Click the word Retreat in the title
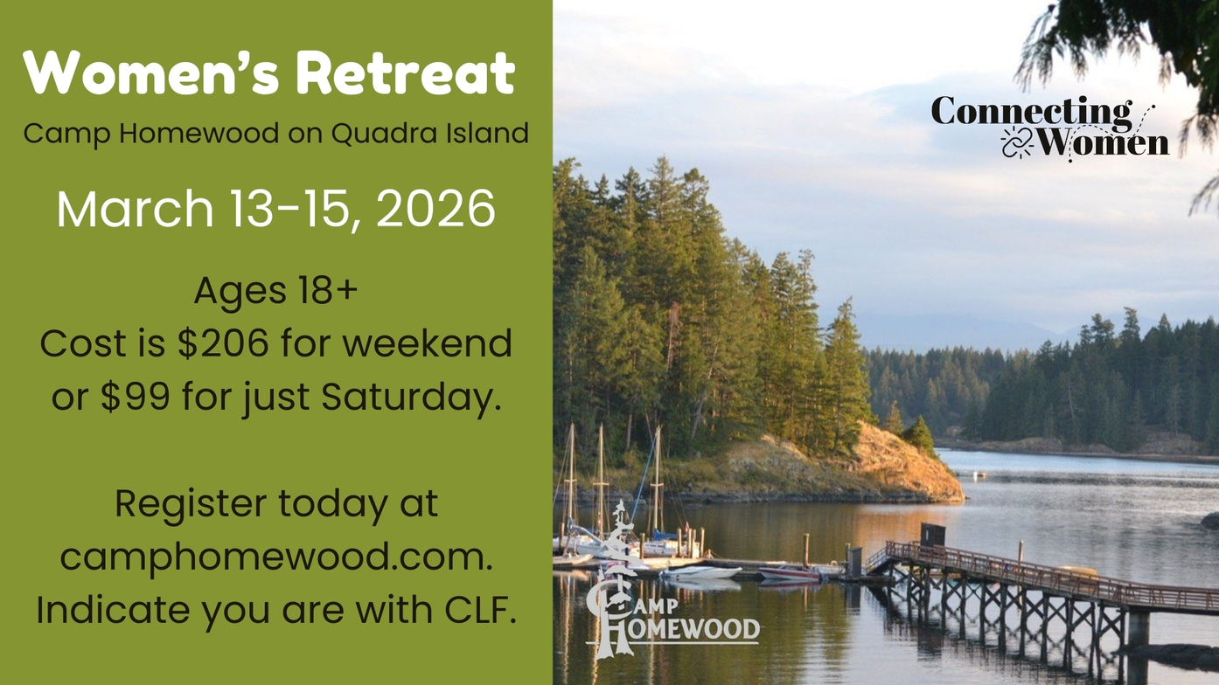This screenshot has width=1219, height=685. click(x=406, y=73)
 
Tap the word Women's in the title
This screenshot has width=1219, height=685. click(x=151, y=73)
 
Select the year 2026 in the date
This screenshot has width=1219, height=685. click(x=435, y=209)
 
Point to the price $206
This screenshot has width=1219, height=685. click(x=224, y=343)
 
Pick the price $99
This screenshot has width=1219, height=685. click(x=136, y=397)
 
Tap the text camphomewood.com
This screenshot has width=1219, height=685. click(x=276, y=557)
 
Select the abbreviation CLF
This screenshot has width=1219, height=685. click(x=480, y=611)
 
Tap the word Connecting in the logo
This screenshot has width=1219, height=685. click(x=1032, y=113)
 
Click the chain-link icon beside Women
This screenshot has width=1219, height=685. click(x=1016, y=143)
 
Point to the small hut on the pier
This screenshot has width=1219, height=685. click(x=932, y=535)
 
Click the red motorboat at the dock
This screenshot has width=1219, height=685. click(x=789, y=572)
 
